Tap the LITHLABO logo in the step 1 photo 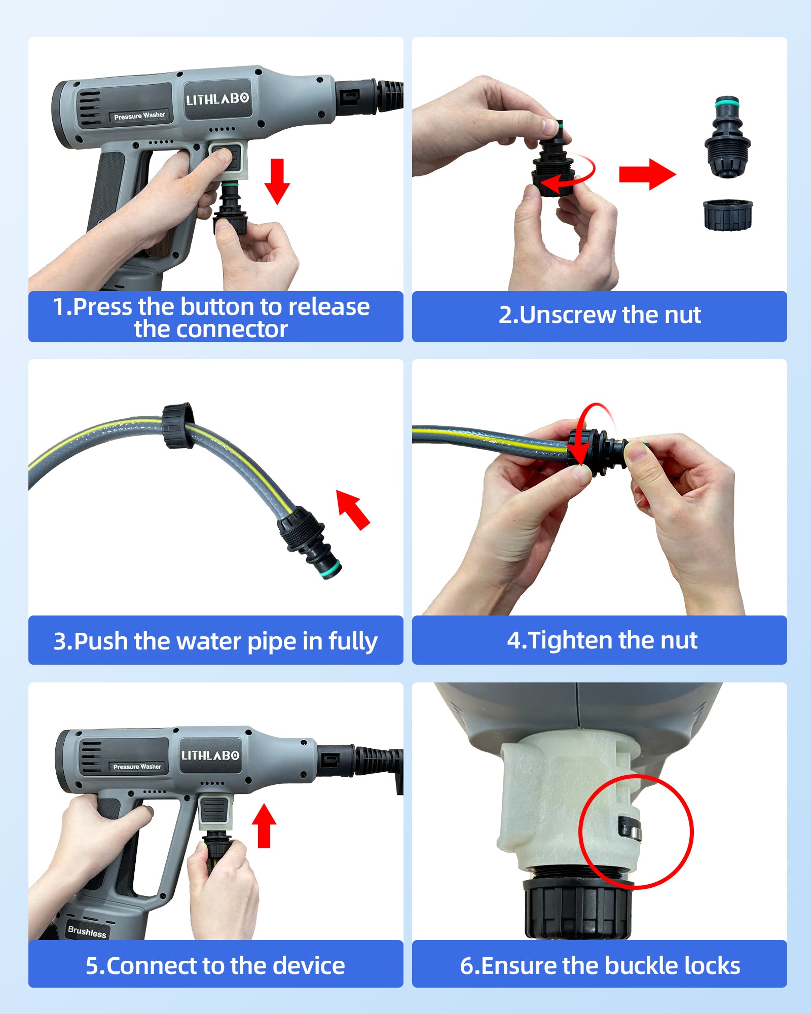click(218, 99)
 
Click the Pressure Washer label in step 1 click(139, 116)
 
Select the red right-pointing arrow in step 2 click(647, 174)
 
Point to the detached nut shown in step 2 click(728, 215)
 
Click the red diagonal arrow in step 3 click(353, 510)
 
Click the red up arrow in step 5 click(264, 826)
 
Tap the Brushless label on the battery click(87, 931)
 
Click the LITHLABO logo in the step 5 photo click(210, 755)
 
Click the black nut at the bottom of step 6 click(578, 909)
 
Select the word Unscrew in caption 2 click(568, 315)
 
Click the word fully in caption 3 click(353, 641)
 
